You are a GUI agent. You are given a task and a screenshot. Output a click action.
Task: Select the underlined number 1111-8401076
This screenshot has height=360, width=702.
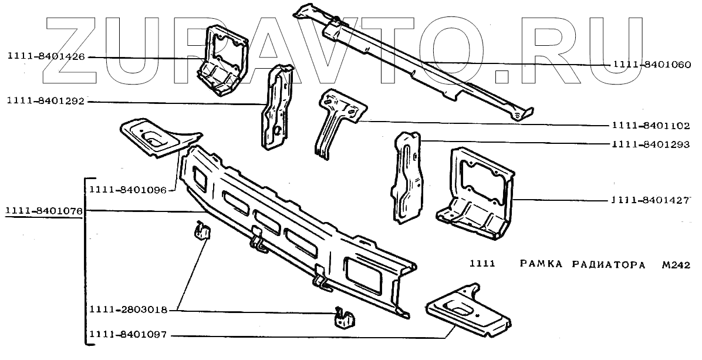coord(43,211)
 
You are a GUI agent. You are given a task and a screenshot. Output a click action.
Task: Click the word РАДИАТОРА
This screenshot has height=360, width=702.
coord(607,264)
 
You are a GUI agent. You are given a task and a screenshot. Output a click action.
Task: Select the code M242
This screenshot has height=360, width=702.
coord(674,264)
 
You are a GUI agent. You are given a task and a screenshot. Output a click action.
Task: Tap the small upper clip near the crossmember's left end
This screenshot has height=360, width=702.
coord(202,231)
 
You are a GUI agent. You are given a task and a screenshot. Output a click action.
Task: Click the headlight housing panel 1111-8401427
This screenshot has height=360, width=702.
coord(475,194)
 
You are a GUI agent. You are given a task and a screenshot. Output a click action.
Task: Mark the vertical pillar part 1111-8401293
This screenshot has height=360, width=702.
coord(407,176)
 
